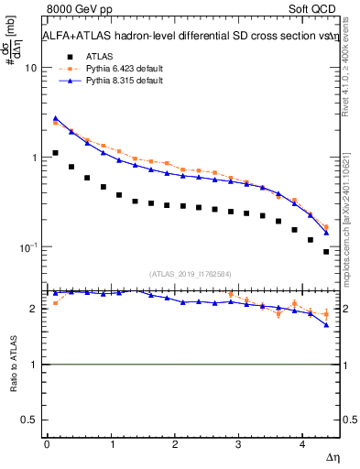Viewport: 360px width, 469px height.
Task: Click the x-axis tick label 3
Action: coord(239,445)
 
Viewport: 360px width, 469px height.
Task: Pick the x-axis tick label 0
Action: coord(47,445)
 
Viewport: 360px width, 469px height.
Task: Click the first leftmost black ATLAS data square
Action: coord(56,153)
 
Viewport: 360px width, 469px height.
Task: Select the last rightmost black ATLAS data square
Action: coord(326,251)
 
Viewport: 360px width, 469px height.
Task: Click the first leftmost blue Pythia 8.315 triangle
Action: coord(56,118)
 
